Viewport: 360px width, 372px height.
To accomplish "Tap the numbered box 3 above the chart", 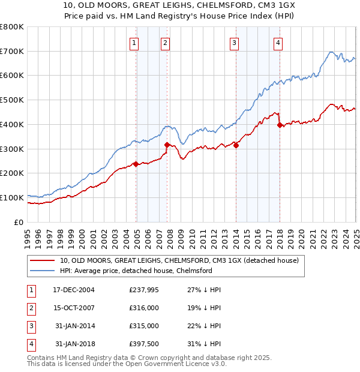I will pos(233,43).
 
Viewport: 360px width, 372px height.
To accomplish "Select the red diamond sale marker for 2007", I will pos(167,145).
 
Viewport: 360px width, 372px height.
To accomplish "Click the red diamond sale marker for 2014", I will pos(236,145).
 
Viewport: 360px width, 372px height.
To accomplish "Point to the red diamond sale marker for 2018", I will pos(280,125).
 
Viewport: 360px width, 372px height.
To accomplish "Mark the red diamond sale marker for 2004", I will pos(136,164).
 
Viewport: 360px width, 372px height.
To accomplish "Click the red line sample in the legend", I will pos(42,260).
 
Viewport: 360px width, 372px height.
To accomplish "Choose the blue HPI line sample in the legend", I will pos(42,271).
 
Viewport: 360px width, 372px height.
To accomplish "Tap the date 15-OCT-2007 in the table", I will pos(74,307).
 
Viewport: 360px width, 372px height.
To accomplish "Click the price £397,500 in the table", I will pos(144,344).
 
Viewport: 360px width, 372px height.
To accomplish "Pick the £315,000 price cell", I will pos(144,326).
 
